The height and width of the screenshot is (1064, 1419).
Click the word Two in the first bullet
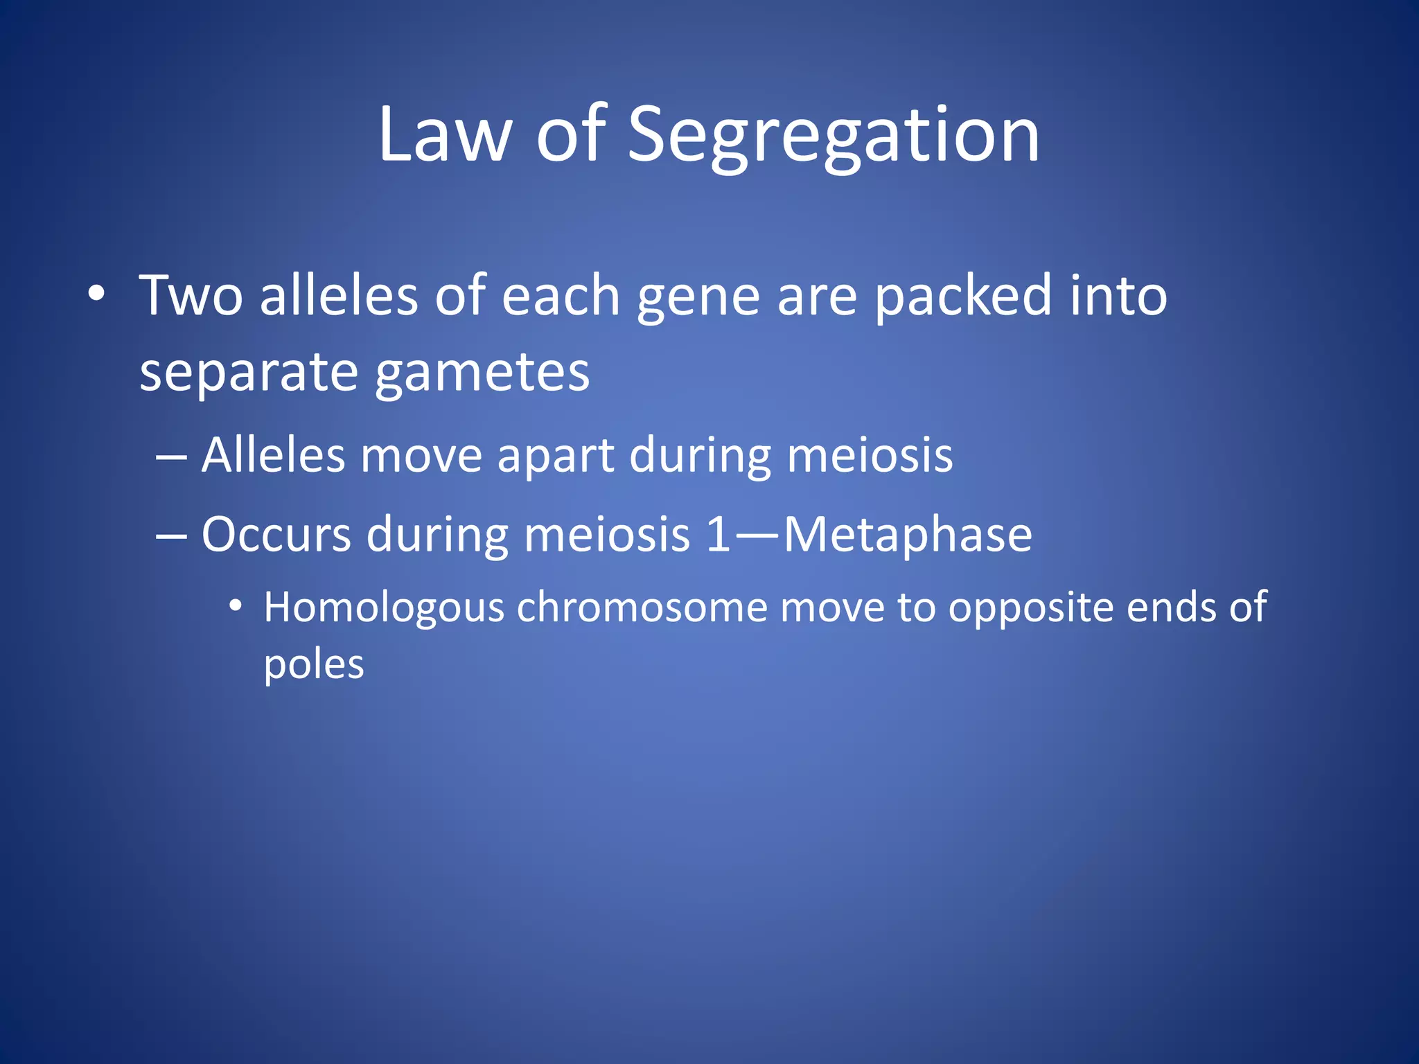point(191,296)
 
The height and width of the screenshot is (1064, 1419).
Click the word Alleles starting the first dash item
point(273,456)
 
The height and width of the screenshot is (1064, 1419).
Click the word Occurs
point(276,535)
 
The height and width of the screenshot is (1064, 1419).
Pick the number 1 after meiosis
point(719,535)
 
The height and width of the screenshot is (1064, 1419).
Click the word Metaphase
point(908,535)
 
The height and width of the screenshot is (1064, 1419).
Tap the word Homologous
point(384,608)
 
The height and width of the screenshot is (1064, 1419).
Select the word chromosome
point(642,608)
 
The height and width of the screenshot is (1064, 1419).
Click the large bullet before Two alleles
point(96,294)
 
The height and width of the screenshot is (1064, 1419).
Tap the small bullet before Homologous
point(236,607)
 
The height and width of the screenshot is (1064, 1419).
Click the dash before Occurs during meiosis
point(171,535)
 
